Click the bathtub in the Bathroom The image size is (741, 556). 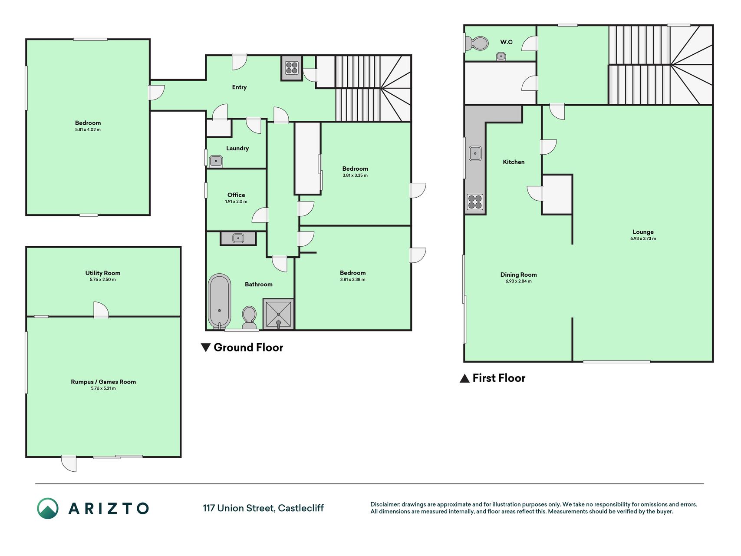[x=219, y=301]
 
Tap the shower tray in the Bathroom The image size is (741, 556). [x=278, y=314]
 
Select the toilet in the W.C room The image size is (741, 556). [x=477, y=43]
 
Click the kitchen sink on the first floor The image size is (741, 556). [x=475, y=153]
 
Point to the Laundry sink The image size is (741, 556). [x=216, y=161]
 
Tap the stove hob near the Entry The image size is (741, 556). [x=292, y=68]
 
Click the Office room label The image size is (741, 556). [x=236, y=195]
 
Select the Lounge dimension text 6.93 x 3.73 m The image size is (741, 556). [x=643, y=238]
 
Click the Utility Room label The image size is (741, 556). [x=103, y=273]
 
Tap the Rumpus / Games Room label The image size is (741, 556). [x=103, y=382]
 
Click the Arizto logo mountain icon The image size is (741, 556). [x=48, y=508]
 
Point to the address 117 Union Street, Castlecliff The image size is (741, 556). [x=263, y=508]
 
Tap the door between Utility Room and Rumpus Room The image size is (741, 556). [x=101, y=310]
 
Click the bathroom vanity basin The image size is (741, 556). [x=238, y=238]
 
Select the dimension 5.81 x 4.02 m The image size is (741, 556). [x=88, y=129]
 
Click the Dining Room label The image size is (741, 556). [x=518, y=275]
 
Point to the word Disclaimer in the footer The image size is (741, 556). [x=385, y=504]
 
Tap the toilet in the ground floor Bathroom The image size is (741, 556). [x=249, y=318]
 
